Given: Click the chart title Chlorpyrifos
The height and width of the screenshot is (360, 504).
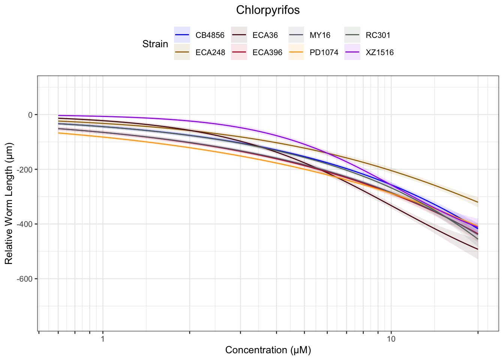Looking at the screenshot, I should (x=268, y=10).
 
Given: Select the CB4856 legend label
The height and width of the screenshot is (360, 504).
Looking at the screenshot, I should (x=210, y=35).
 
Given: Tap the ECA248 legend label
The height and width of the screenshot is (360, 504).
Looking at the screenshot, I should (x=210, y=52).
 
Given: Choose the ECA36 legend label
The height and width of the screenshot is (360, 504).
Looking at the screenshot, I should (x=265, y=35).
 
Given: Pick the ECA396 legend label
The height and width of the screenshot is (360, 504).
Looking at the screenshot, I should (x=267, y=52).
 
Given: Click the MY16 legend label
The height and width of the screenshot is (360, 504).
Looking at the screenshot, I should (x=320, y=35).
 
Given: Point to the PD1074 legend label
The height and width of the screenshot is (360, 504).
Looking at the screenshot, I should (x=324, y=52).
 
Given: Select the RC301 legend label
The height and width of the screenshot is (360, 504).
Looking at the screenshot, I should (x=378, y=35).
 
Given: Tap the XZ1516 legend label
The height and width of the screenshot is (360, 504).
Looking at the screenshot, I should (x=380, y=52).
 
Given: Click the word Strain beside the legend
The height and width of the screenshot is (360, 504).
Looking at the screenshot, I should (x=155, y=44).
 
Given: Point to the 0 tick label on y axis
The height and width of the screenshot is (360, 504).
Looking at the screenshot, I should (x=30, y=115).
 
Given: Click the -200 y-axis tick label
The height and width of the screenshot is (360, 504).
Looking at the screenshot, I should (x=25, y=169).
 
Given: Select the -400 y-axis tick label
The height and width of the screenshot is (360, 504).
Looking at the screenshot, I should (x=25, y=224).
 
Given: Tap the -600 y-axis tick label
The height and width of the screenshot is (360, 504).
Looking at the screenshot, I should (x=25, y=279).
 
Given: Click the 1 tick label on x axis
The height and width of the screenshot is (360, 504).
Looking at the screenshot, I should (x=103, y=339).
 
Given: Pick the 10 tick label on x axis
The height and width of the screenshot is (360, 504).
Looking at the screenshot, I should (x=391, y=339).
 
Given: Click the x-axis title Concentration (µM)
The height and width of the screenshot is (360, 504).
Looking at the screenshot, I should (x=268, y=350).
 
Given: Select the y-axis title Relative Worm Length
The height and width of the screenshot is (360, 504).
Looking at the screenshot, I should (x=9, y=204).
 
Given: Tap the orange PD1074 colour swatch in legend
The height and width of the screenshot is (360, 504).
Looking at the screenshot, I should (x=296, y=52).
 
